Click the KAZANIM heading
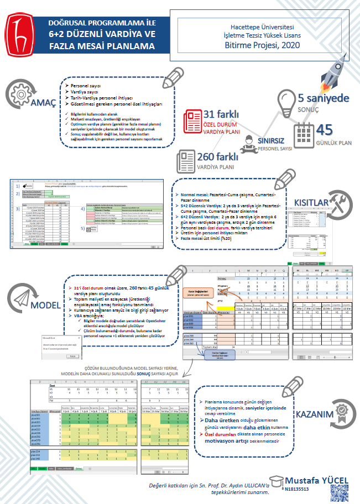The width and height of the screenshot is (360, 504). pyautogui.click(x=316, y=414)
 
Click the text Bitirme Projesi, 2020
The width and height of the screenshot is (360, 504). pyautogui.click(x=263, y=45)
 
